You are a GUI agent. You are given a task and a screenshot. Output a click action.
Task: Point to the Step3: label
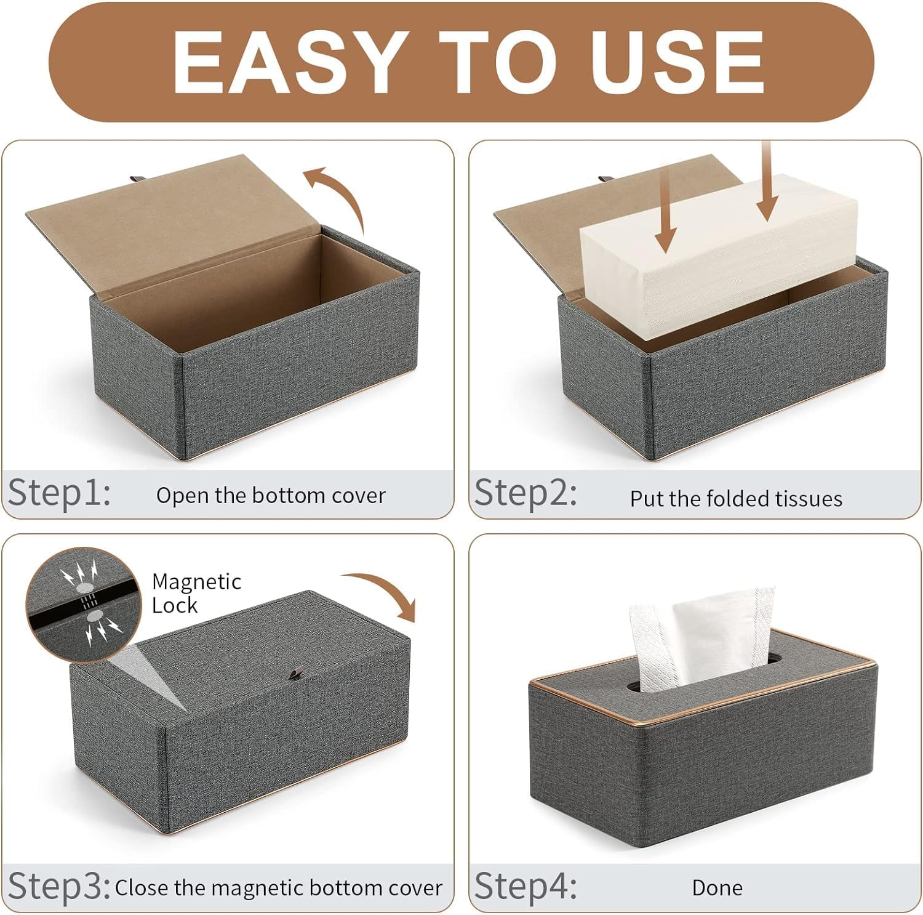click(59, 887)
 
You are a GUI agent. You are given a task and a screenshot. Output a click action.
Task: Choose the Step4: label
click(525, 887)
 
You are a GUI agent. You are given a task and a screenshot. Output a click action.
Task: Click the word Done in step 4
click(717, 888)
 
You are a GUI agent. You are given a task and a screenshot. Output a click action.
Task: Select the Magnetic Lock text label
click(196, 593)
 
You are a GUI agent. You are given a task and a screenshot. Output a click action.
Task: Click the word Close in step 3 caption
click(142, 888)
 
